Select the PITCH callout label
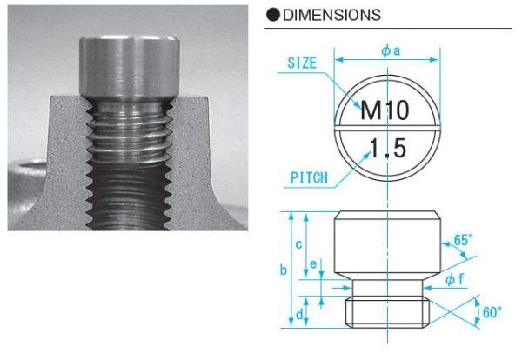point(308,177)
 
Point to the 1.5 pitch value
point(387,148)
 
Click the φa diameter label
point(391,50)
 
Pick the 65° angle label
point(464,239)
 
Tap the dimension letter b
point(283,270)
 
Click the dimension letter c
point(298,244)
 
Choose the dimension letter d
point(298,313)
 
